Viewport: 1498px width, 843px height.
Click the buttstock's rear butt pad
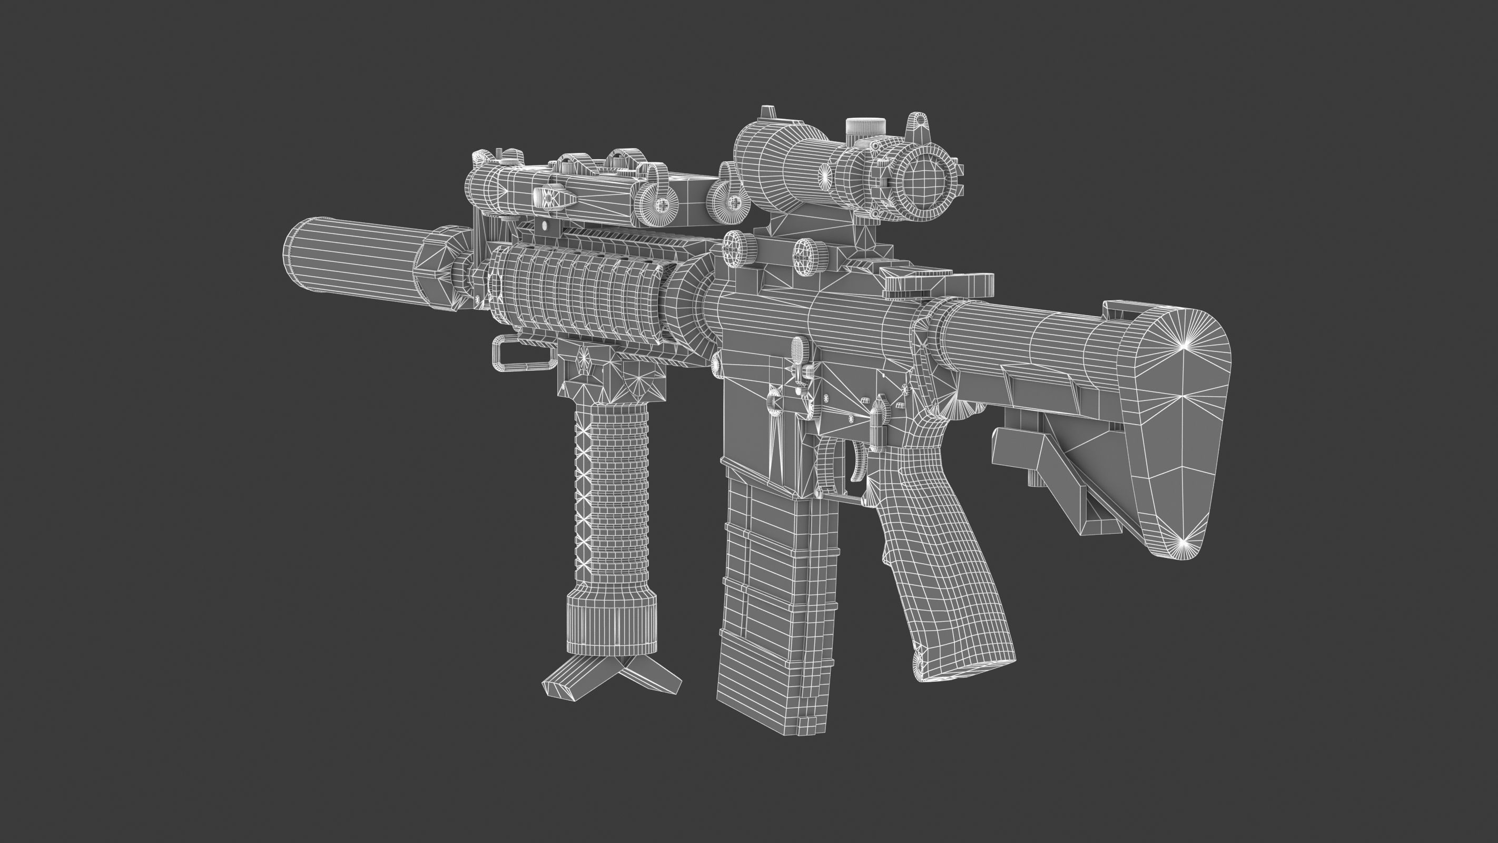[x=1169, y=430]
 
